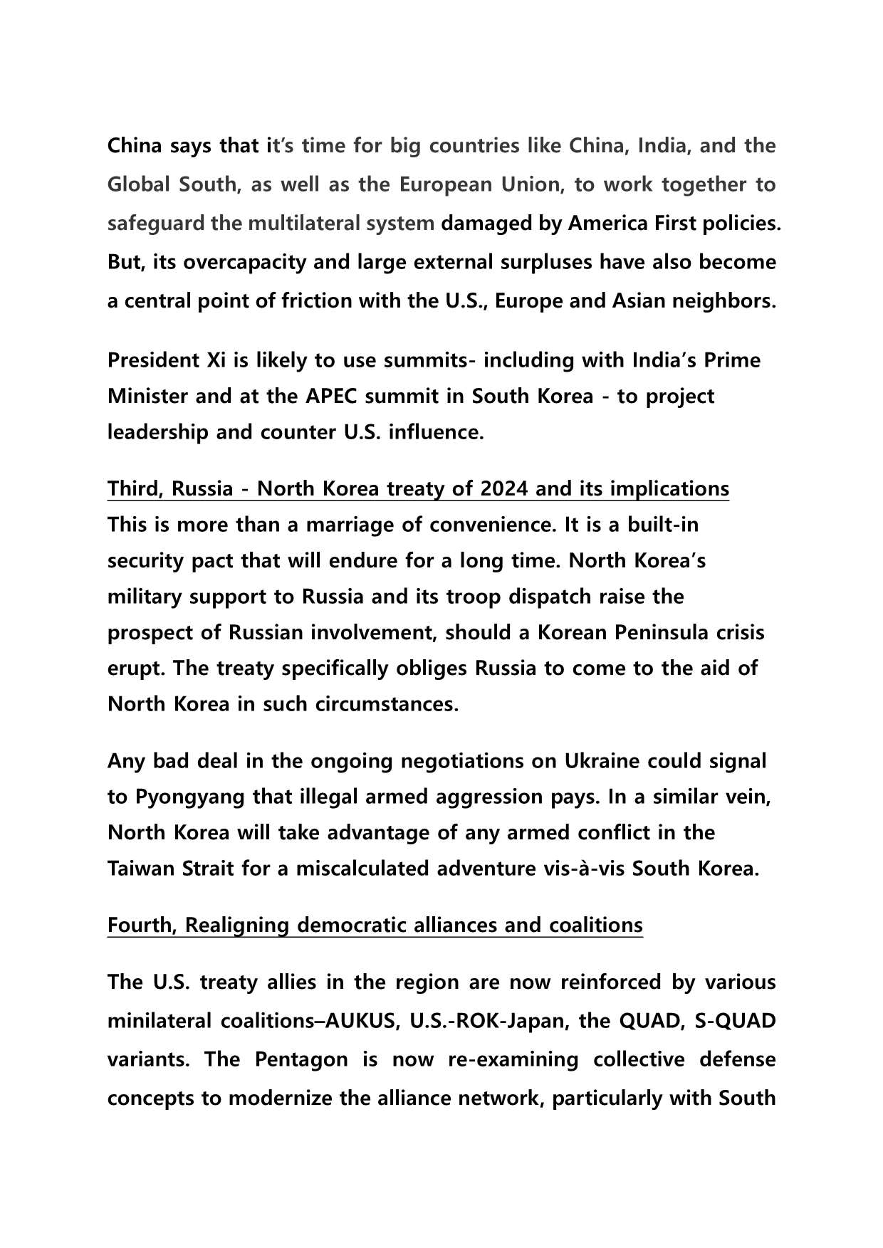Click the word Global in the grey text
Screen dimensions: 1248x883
click(x=140, y=185)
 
